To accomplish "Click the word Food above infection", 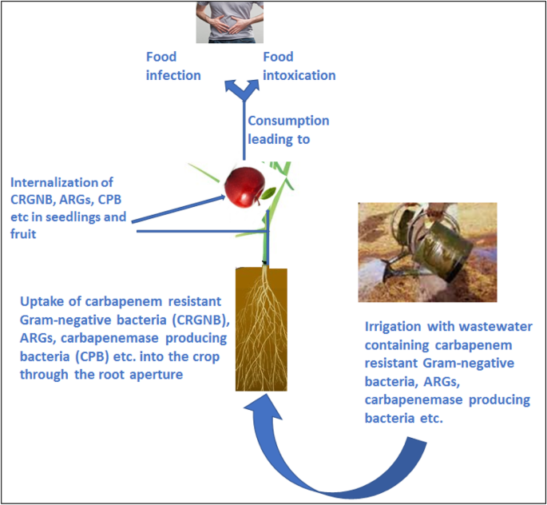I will [x=161, y=57].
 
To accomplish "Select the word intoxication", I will [x=299, y=75].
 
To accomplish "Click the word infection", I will [x=172, y=75].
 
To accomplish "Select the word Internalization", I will [x=60, y=181].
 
